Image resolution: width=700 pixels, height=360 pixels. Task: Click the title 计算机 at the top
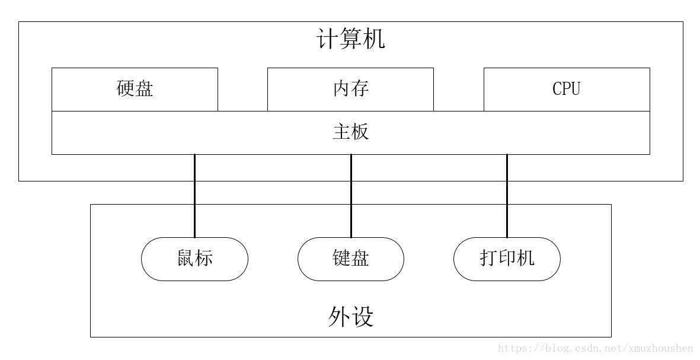click(x=351, y=39)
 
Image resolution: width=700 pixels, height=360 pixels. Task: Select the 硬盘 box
click(x=135, y=89)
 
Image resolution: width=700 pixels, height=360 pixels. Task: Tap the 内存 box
click(x=350, y=89)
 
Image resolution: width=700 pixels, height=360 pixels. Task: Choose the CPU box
click(x=567, y=89)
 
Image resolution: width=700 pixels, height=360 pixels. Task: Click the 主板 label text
click(x=350, y=132)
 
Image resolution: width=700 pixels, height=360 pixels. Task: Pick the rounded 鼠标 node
click(x=194, y=259)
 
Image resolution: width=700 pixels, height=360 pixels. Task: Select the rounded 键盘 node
click(x=350, y=259)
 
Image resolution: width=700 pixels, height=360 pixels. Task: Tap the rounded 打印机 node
click(x=507, y=259)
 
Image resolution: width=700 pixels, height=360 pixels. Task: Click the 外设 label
click(x=350, y=317)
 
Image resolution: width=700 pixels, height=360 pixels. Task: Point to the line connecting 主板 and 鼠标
click(x=194, y=196)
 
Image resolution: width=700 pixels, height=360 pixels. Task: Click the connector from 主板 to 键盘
click(x=351, y=196)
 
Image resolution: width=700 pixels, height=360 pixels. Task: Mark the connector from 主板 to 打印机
click(x=507, y=196)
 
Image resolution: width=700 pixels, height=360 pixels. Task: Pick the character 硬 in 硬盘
click(x=126, y=89)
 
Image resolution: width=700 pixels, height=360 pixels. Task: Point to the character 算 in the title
click(x=351, y=39)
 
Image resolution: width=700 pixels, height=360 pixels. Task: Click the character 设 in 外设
click(x=362, y=317)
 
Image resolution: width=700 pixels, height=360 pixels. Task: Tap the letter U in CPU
click(x=575, y=89)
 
